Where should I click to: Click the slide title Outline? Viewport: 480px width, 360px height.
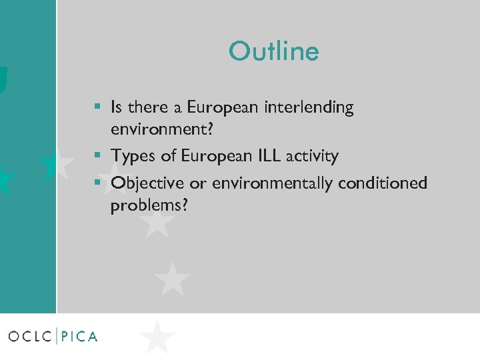click(x=273, y=51)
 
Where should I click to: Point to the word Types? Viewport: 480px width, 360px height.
click(x=133, y=157)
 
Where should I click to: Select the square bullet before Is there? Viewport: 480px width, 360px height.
click(x=97, y=107)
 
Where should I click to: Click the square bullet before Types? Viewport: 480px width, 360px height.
click(x=97, y=156)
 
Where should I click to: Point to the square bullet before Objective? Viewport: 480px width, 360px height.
click(x=97, y=182)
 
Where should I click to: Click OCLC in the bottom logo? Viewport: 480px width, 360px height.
click(x=30, y=337)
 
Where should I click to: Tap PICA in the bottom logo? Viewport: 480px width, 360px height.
click(x=79, y=337)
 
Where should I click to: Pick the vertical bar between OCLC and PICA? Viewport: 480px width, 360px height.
click(x=57, y=336)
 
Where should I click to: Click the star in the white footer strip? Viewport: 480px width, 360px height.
click(x=157, y=337)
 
